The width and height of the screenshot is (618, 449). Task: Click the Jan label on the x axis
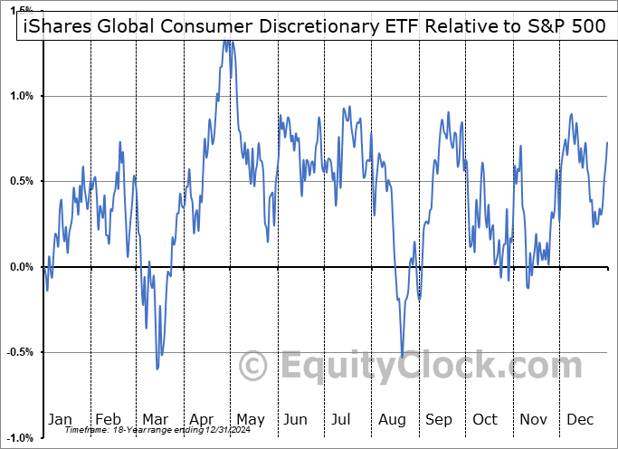(x=59, y=420)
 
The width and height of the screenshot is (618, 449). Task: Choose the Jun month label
(x=296, y=420)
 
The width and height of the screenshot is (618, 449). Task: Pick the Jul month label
(x=342, y=420)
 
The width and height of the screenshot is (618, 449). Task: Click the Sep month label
(x=438, y=420)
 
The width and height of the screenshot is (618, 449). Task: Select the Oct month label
(x=485, y=420)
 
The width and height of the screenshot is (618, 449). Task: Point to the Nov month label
(x=533, y=420)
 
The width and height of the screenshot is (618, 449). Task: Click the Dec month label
(x=580, y=420)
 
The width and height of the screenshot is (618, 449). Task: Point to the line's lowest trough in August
(x=403, y=357)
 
